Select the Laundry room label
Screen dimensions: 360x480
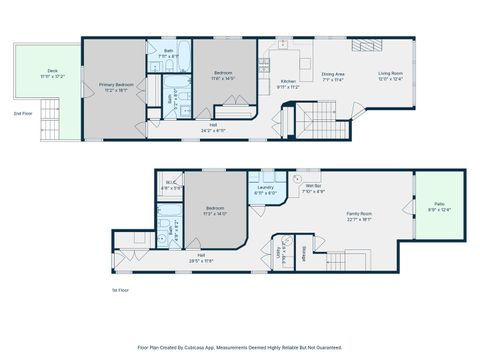coord(265,186)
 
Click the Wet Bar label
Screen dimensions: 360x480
coord(313,186)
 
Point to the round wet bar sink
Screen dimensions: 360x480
coord(297,175)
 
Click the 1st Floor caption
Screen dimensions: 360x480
coord(120,290)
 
